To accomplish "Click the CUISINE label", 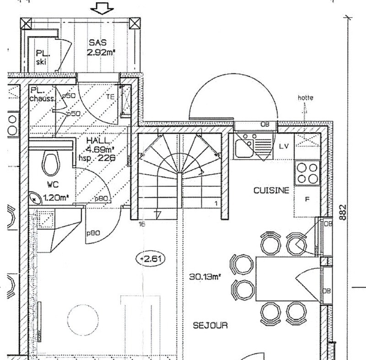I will (x=271, y=191).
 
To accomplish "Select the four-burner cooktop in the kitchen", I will (x=307, y=172).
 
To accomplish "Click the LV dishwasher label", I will (x=284, y=146).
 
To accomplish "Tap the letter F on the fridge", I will (x=307, y=199).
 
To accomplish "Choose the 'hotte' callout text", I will (x=305, y=97).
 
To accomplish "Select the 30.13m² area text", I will (x=205, y=276).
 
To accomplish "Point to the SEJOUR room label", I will (x=210, y=326).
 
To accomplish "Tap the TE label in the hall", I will (x=110, y=97).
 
